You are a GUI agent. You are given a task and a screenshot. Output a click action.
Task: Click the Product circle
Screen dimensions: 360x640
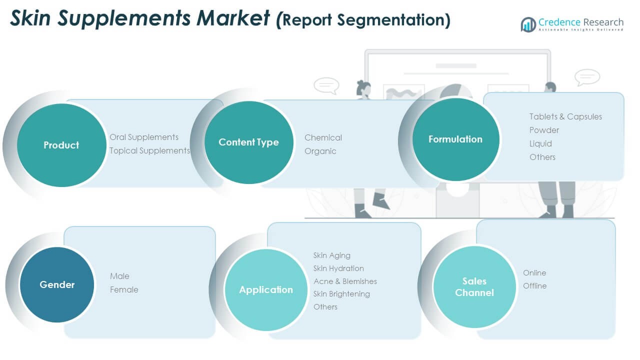click(x=61, y=145)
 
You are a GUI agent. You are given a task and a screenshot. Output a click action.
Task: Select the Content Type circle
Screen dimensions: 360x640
click(x=248, y=142)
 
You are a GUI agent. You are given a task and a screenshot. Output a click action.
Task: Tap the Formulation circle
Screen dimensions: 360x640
click(x=455, y=139)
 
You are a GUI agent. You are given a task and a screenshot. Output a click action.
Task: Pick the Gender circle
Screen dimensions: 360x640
click(x=57, y=284)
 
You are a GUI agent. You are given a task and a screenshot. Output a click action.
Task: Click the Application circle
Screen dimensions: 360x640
click(x=266, y=289)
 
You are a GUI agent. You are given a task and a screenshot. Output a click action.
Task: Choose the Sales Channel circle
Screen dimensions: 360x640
click(x=474, y=287)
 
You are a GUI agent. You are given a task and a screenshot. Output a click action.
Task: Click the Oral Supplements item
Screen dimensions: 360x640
click(x=144, y=137)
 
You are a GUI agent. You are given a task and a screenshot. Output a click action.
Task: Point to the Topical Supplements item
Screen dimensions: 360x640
click(x=149, y=150)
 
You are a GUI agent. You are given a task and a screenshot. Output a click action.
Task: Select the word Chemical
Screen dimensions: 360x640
click(x=323, y=137)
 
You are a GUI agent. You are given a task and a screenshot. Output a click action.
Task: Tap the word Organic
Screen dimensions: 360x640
click(x=320, y=151)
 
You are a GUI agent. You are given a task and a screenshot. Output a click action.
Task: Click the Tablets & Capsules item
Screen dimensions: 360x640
click(x=565, y=116)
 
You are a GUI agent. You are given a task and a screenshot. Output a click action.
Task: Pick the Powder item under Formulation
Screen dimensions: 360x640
click(x=544, y=130)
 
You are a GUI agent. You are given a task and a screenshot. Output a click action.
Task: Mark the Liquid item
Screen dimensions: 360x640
click(x=540, y=143)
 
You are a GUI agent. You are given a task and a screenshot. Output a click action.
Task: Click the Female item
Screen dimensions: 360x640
click(x=124, y=289)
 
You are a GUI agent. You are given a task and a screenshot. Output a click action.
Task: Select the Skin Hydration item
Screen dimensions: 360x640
click(x=338, y=268)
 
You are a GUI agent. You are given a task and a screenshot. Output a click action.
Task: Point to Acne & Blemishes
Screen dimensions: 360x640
click(x=345, y=281)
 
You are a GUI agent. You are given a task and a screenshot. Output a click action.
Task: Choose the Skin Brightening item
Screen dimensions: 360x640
click(x=341, y=294)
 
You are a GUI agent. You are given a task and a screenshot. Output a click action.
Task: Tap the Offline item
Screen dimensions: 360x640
click(x=534, y=286)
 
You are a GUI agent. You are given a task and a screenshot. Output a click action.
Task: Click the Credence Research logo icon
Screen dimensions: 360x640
click(x=528, y=24)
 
